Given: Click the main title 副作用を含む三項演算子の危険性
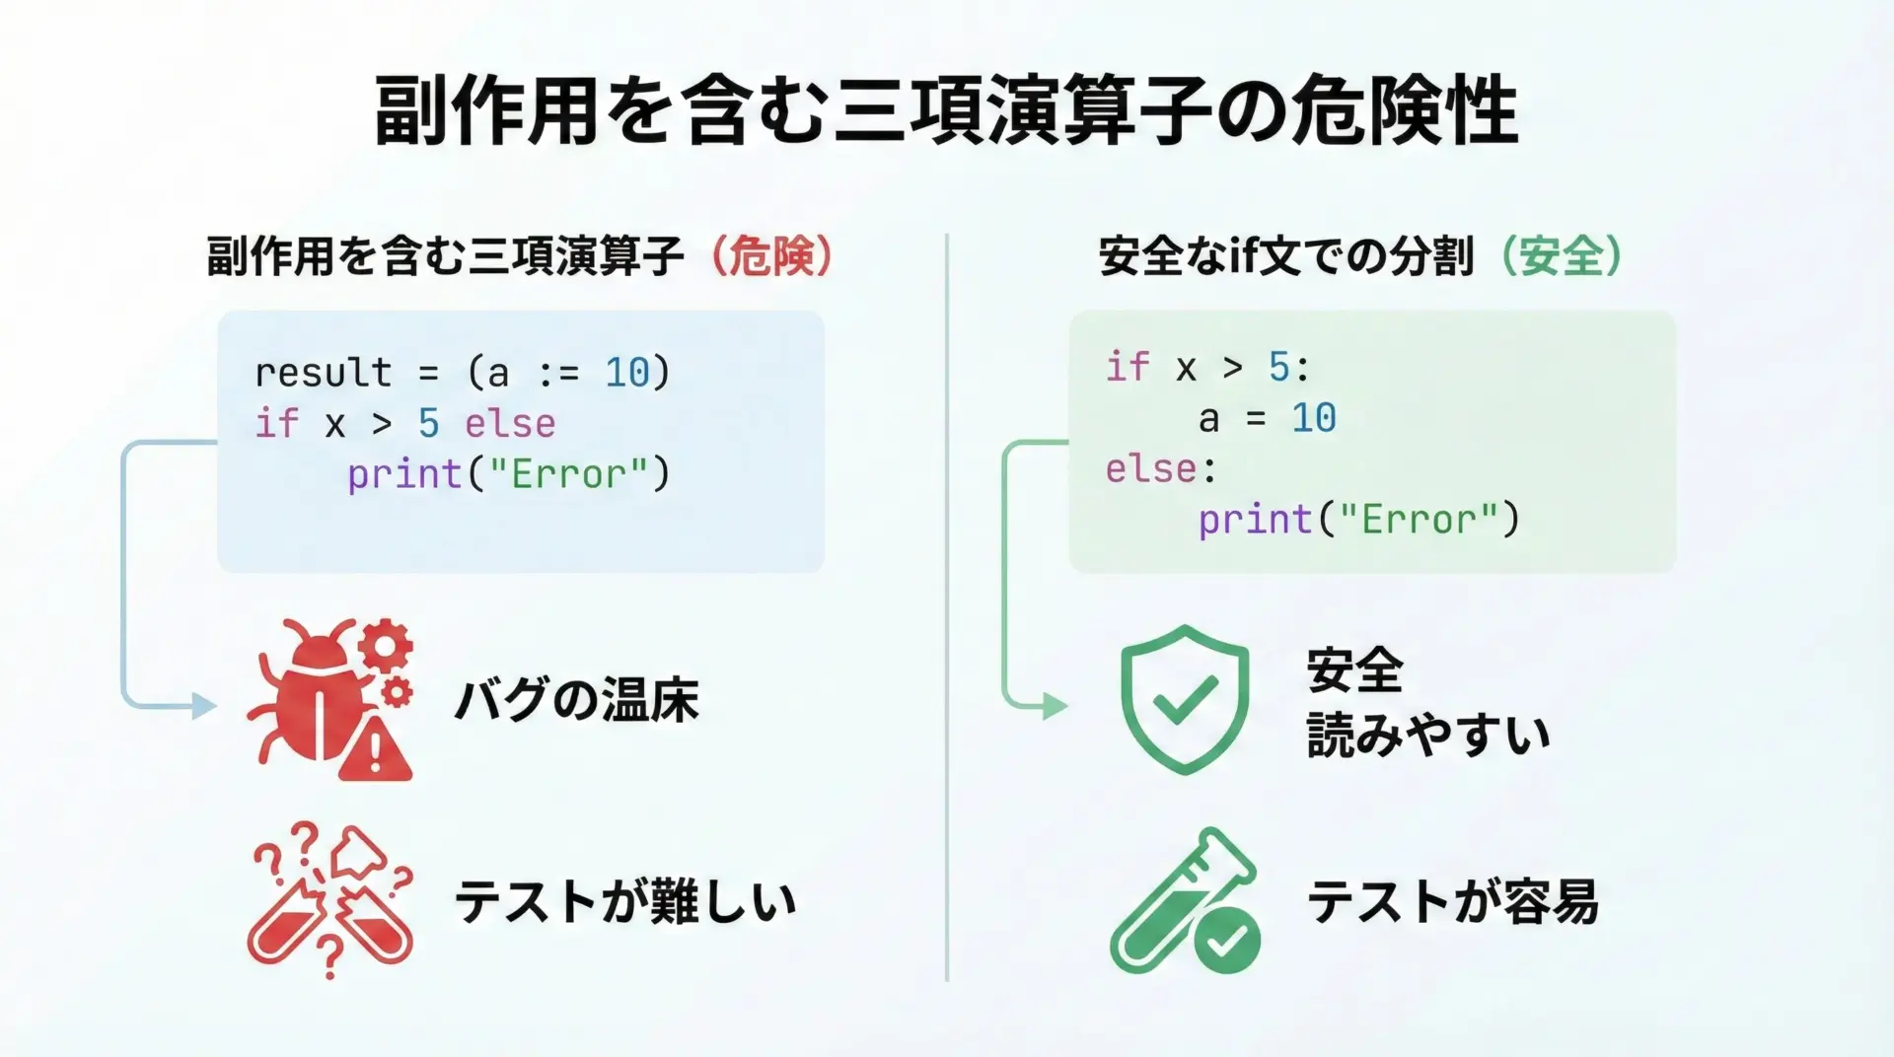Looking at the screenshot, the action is pyautogui.click(x=946, y=110).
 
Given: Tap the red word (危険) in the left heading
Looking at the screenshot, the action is pyautogui.click(x=772, y=256).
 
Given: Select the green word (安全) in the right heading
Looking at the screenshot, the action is pyautogui.click(x=1562, y=256).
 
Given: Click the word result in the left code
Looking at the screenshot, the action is pyautogui.click(x=324, y=373).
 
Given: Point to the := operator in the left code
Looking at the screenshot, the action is pyautogui.click(x=558, y=374).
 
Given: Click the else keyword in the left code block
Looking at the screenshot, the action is pyautogui.click(x=510, y=424).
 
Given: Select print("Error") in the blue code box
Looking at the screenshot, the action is pyautogui.click(x=508, y=475).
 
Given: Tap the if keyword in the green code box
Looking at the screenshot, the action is pyautogui.click(x=1128, y=367).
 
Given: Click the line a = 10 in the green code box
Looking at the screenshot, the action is pyautogui.click(x=1268, y=419).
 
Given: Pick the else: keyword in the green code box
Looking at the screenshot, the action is pyautogui.click(x=1161, y=469).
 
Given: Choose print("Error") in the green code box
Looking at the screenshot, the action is pyautogui.click(x=1359, y=520).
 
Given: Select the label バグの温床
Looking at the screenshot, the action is pyautogui.click(x=577, y=701).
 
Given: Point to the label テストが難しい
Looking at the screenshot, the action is pyautogui.click(x=625, y=902).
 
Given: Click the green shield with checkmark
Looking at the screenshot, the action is pyautogui.click(x=1185, y=699).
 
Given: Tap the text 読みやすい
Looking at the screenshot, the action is pyautogui.click(x=1428, y=736).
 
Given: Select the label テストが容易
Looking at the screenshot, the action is pyautogui.click(x=1453, y=902).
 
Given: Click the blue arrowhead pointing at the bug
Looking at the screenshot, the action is pyautogui.click(x=204, y=706).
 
